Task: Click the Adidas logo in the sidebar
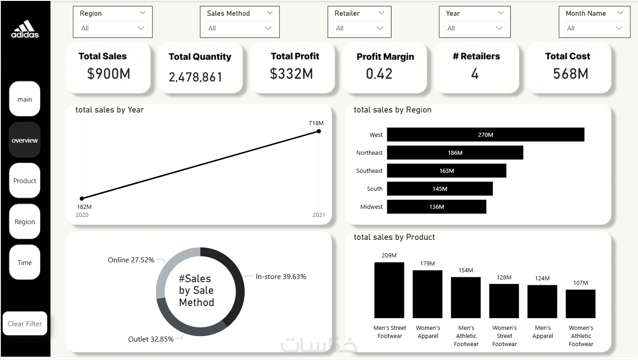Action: (25, 29)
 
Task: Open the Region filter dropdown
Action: (112, 28)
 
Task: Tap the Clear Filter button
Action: (25, 324)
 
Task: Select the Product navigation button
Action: (25, 181)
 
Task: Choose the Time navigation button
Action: (25, 263)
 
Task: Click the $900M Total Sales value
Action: (108, 74)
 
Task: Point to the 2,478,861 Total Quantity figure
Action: (195, 77)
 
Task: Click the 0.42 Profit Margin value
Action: (379, 74)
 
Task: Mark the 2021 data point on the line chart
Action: (319, 131)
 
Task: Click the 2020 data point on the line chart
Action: (82, 198)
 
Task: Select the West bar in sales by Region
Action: (485, 135)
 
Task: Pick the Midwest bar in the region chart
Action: (436, 207)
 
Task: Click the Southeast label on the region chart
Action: (369, 171)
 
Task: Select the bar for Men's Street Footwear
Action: (389, 290)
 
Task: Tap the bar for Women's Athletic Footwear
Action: (580, 304)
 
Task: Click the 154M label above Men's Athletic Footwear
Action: (466, 270)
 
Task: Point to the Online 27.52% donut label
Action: (131, 260)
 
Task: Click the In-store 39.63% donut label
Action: (281, 277)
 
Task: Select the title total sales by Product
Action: (394, 237)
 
